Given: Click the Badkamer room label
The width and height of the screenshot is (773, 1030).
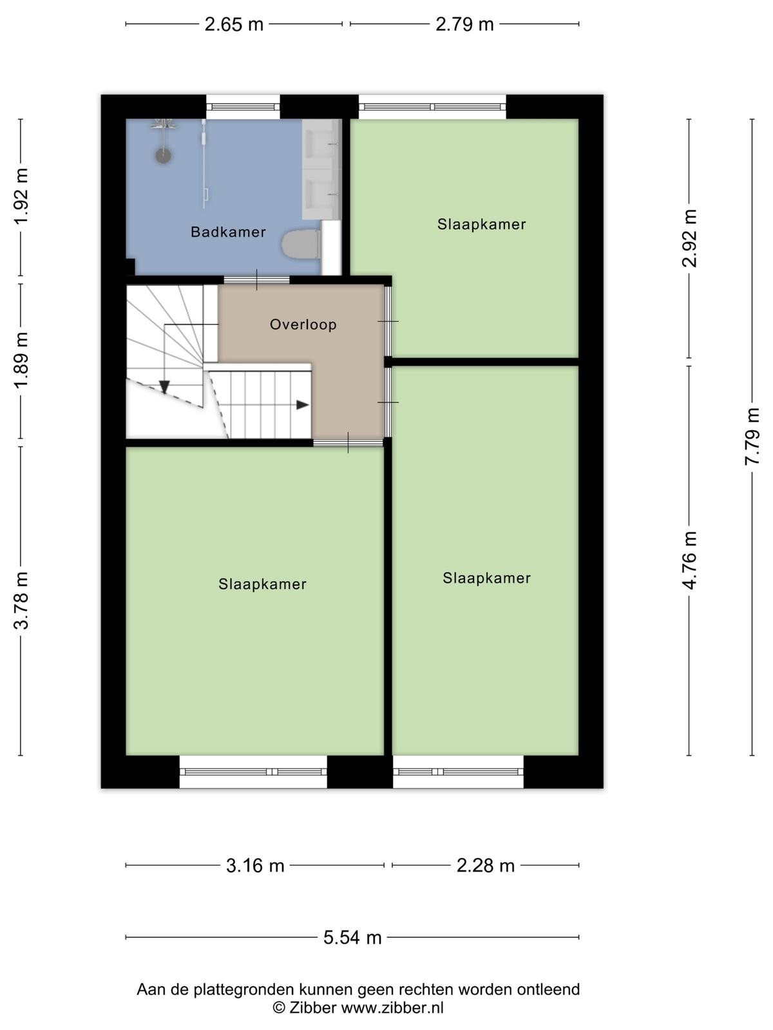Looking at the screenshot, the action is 228,232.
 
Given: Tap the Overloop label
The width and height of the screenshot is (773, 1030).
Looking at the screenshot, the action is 303,324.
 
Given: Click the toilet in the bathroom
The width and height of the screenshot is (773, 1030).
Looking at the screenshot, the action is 301,244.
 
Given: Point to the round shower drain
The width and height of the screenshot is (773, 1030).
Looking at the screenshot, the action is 164,156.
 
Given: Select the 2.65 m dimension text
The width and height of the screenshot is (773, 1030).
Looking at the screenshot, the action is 234,24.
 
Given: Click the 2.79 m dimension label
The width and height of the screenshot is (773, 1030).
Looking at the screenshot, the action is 464,24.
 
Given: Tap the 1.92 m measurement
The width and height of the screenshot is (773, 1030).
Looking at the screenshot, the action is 22,196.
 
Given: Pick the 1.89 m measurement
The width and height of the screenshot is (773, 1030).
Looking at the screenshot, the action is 22,360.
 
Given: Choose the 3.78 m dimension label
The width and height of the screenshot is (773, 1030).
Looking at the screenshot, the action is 22,601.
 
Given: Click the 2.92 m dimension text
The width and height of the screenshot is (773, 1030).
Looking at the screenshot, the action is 690,238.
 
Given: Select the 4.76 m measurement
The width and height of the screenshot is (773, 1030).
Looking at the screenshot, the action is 690,560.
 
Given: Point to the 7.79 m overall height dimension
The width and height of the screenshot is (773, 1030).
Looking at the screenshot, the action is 752,436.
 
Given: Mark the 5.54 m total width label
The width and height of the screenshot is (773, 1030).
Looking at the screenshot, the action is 352,937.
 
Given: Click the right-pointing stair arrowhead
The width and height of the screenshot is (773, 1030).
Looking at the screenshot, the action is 303,404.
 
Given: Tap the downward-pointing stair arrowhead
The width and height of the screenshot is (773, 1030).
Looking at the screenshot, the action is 164,387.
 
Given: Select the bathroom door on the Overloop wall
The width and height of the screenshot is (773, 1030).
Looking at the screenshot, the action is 256,280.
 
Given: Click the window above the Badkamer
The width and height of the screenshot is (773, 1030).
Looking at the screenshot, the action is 243,107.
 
